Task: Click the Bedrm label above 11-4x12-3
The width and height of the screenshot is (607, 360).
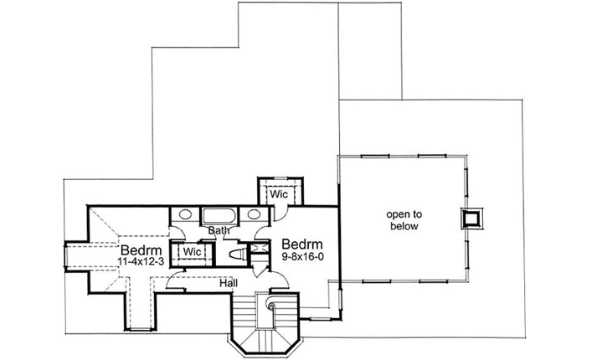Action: click(x=134, y=250)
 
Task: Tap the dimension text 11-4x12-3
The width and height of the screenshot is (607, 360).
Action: click(x=134, y=262)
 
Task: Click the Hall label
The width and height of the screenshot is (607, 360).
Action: click(x=227, y=284)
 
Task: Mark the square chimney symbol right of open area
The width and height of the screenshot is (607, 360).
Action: click(x=472, y=219)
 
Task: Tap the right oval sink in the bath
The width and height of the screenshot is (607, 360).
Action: click(x=254, y=214)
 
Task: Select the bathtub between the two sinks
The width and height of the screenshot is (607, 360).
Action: click(x=219, y=213)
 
